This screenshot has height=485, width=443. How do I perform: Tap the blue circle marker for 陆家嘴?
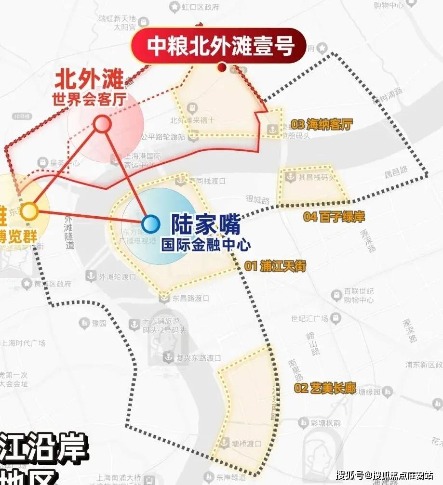pyautogui.click(x=151, y=223)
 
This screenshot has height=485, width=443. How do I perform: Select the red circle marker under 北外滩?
pyautogui.click(x=103, y=124)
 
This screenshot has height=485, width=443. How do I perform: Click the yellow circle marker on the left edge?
pyautogui.click(x=29, y=211)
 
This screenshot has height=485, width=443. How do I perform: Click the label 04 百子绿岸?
pyautogui.click(x=334, y=217)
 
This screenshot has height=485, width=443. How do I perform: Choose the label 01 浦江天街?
pyautogui.click(x=275, y=266)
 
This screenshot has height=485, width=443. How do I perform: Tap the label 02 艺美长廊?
pyautogui.click(x=325, y=388)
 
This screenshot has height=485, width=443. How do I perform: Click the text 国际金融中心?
pyautogui.click(x=206, y=244)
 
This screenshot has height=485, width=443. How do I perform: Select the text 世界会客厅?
pyautogui.click(x=90, y=99)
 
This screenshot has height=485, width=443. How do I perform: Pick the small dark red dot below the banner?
pyautogui.click(x=222, y=67)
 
